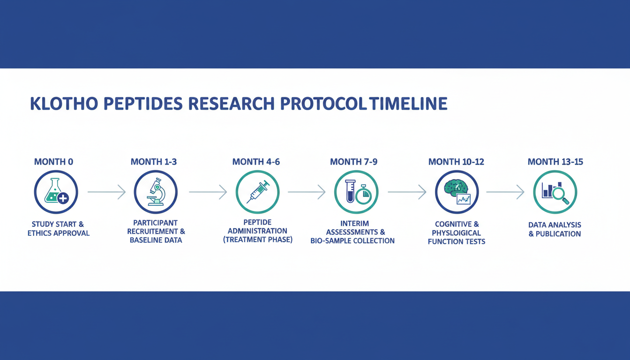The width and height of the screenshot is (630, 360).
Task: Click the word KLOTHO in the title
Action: pyautogui.click(x=64, y=104)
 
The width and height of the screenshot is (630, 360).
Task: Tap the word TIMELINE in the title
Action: pyautogui.click(x=408, y=104)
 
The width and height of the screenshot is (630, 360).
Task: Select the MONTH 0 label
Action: pyautogui.click(x=53, y=162)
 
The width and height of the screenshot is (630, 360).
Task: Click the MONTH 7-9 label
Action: pyautogui.click(x=353, y=162)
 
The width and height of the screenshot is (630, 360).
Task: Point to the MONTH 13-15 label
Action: pyautogui.click(x=555, y=162)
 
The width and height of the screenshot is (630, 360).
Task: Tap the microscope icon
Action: pyautogui.click(x=155, y=192)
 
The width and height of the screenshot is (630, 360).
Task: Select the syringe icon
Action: pyautogui.click(x=258, y=192)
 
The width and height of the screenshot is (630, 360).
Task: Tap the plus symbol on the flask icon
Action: pyautogui.click(x=63, y=198)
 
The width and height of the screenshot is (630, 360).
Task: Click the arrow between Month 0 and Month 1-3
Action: pyautogui.click(x=106, y=192)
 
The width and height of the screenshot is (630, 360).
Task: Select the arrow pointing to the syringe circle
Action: pyautogui.click(x=208, y=192)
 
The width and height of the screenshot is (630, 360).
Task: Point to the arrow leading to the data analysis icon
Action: pyautogui.click(x=505, y=192)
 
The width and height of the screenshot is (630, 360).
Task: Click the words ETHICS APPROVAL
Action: pyautogui.click(x=59, y=233)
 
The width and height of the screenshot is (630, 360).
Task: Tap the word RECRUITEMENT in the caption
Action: pyautogui.click(x=152, y=232)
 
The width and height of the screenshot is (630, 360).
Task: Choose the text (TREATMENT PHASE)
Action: pyautogui.click(x=258, y=240)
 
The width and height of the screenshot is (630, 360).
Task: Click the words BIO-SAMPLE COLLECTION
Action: pyautogui.click(x=352, y=241)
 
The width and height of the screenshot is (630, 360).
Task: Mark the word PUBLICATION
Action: pyautogui.click(x=558, y=234)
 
